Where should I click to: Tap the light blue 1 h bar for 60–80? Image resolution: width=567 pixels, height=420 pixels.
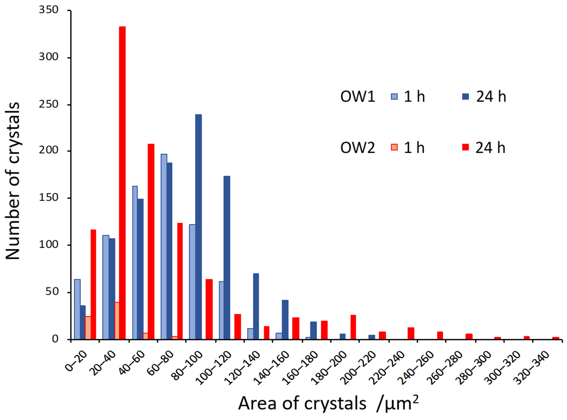point(164,247)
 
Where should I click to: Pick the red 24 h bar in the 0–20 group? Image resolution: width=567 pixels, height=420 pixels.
point(93,285)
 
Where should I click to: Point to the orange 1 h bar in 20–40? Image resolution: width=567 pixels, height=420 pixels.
point(117,321)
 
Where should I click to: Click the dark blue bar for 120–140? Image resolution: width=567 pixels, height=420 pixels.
point(256,306)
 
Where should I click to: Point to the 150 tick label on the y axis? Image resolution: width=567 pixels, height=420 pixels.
point(49,198)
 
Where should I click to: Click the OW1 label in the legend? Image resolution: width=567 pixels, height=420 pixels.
point(358,97)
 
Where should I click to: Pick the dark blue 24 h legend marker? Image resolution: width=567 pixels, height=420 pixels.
point(465,97)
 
